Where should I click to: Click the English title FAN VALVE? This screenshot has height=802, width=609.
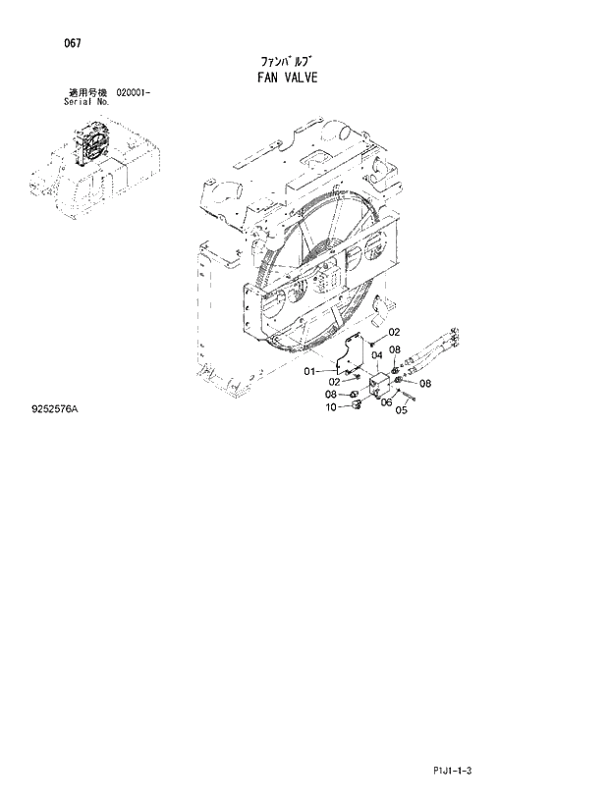[283, 77]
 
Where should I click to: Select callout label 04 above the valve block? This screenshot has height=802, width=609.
[376, 355]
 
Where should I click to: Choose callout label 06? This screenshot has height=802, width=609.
[386, 401]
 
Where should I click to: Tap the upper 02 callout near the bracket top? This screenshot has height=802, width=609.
[394, 332]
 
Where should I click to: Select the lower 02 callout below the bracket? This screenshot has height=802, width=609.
[334, 381]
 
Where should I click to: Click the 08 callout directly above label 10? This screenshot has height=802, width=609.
[331, 394]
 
